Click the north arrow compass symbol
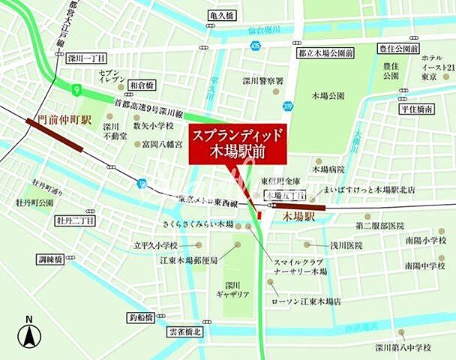[x=29, y=331]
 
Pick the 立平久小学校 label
[x=156, y=245]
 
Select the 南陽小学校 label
[x=424, y=241]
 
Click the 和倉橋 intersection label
[x=142, y=86]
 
